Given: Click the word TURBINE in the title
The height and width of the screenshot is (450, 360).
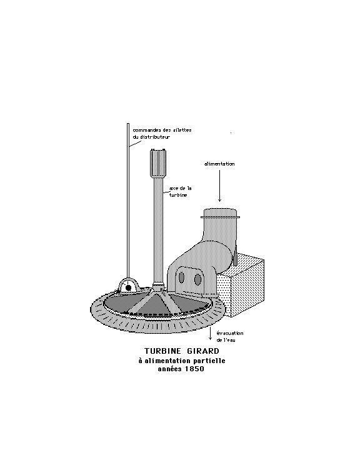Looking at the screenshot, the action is [x=162, y=351].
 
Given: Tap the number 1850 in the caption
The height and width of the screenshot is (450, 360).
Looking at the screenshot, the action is [x=194, y=369].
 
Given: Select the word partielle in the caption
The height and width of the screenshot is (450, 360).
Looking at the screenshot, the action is [x=209, y=361].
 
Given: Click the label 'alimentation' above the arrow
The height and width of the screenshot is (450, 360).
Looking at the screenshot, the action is [x=219, y=164].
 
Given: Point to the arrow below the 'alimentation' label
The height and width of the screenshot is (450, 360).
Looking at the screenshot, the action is [x=219, y=186].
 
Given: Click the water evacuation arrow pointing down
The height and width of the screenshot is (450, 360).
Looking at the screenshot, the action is [x=211, y=333].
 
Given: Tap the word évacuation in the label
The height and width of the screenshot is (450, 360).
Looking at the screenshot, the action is [x=230, y=333].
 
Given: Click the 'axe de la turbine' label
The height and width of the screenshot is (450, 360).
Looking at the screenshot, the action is [x=180, y=191].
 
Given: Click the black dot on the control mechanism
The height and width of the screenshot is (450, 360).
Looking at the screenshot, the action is [x=128, y=287].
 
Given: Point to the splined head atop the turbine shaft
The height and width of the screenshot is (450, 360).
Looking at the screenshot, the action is [x=158, y=162].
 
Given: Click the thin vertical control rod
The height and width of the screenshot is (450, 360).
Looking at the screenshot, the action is [x=128, y=201].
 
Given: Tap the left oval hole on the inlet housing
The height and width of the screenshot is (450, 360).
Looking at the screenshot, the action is [x=181, y=277].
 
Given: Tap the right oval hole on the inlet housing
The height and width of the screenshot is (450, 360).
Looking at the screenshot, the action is [x=197, y=279].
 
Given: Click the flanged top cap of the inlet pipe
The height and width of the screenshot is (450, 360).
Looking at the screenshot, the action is [x=220, y=214].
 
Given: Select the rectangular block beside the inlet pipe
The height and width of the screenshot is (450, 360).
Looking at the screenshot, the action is [x=241, y=286].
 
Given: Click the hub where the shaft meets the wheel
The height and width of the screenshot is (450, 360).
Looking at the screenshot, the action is [x=158, y=287].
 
